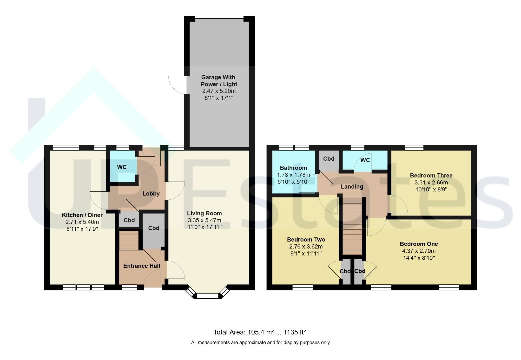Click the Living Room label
pyautogui.click(x=204, y=213)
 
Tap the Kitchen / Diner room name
pyautogui.click(x=82, y=215)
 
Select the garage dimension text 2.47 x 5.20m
pyautogui.click(x=219, y=91)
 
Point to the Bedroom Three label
pyautogui.click(x=431, y=175)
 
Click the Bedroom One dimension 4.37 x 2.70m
pyautogui.click(x=419, y=251)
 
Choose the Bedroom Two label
pyautogui.click(x=306, y=240)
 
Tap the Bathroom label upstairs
pyautogui.click(x=293, y=168)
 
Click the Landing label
pyautogui.click(x=352, y=187)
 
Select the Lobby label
pyautogui.click(x=151, y=193)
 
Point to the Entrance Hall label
pyautogui.click(x=142, y=266)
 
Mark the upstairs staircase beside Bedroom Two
pyautogui.click(x=352, y=229)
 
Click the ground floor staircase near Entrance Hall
pyautogui.click(x=129, y=240)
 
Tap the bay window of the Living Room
pyautogui.click(x=208, y=293)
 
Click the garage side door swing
pyautogui.click(x=177, y=85)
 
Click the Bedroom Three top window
pyautogui.click(x=414, y=148)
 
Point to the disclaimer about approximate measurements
pyautogui.click(x=260, y=342)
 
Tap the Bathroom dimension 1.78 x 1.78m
pyautogui.click(x=293, y=175)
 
